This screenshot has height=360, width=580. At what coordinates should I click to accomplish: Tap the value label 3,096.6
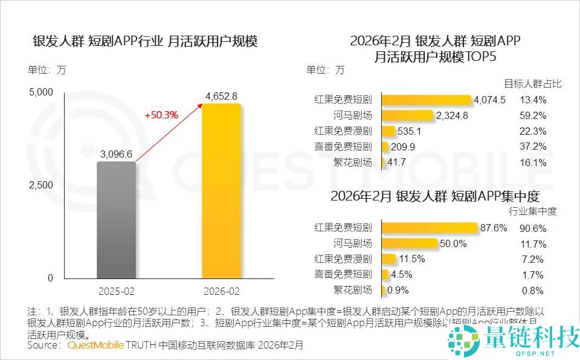(x=117, y=154)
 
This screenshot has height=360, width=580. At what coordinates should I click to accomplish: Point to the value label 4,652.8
(x=221, y=96)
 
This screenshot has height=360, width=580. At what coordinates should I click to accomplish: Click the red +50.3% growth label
(x=161, y=115)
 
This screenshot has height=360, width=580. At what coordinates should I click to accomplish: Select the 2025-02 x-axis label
(x=117, y=291)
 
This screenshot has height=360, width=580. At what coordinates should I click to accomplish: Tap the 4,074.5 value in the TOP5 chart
(x=490, y=100)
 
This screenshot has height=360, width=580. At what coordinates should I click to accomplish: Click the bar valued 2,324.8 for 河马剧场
(x=408, y=115)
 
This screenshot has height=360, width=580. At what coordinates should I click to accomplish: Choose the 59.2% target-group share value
(x=532, y=115)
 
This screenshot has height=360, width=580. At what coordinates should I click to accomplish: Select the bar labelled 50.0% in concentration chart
(x=410, y=244)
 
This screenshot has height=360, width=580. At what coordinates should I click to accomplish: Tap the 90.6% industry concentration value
(x=532, y=228)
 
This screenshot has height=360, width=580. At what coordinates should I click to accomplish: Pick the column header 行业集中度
(x=532, y=211)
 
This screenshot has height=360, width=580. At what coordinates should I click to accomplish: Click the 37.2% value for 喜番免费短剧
(x=532, y=147)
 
